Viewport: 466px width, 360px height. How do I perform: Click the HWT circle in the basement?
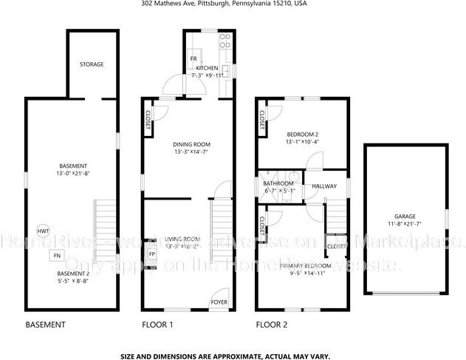(43, 231)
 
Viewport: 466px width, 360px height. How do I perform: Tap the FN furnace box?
(55, 256)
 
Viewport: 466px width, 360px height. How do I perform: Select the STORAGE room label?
(92, 64)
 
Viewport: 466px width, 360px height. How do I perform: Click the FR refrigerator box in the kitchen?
(193, 58)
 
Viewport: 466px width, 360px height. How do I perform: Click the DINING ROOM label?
(192, 144)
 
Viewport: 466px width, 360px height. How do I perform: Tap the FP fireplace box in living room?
(152, 255)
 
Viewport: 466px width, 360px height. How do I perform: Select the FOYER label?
(219, 302)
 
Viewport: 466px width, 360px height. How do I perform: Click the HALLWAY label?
(324, 186)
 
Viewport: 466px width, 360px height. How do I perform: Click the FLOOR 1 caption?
(157, 325)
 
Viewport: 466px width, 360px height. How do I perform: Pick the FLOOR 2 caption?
(271, 325)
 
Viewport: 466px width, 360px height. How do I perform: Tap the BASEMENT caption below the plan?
(46, 325)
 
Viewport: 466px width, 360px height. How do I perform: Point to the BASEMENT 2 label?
(74, 273)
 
